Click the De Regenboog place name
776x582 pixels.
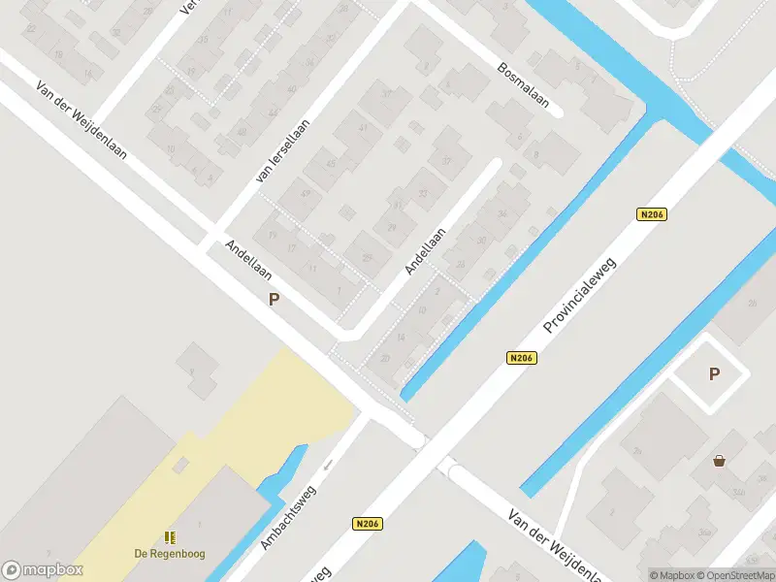point(170,554)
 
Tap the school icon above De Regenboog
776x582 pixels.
point(170,536)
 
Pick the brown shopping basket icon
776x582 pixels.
point(719,461)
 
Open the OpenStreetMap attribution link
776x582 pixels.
point(741,575)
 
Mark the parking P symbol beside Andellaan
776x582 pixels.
point(275,300)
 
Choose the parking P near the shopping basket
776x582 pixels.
point(715,374)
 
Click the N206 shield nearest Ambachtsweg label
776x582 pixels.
point(367,524)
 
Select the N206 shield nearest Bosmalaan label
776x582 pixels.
point(653,215)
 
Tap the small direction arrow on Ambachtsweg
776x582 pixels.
point(328,464)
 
